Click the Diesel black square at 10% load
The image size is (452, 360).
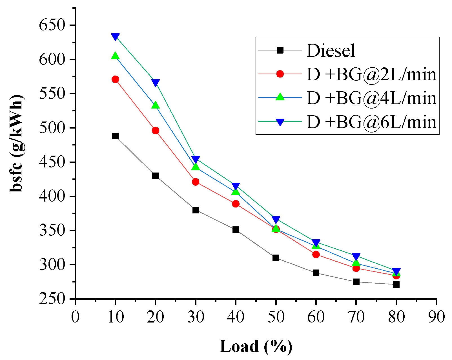pos(115,136)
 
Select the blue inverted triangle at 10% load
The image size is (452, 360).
pos(115,37)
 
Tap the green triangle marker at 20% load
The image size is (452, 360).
pos(156,105)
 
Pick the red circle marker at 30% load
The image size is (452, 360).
pos(196,182)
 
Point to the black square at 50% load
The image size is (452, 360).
pos(276,258)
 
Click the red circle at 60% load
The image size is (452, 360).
pos(316,254)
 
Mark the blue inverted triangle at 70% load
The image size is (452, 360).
pos(356,257)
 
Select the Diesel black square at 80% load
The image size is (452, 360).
pos(396,284)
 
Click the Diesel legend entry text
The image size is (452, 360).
pos(331,51)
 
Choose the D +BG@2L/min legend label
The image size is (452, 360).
pos(371,75)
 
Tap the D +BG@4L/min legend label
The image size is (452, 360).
pos(371,98)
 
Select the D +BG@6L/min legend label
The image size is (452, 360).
pos(371,122)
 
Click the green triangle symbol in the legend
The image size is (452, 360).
pos(280,97)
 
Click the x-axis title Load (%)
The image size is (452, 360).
pos(256,346)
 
